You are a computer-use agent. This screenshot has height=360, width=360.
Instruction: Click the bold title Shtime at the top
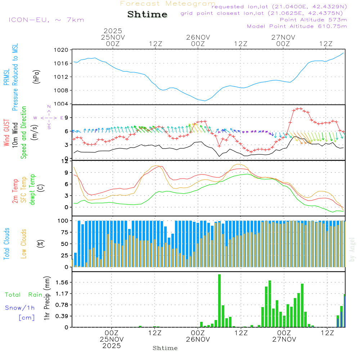147,15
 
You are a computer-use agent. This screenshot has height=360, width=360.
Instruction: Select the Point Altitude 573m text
313,20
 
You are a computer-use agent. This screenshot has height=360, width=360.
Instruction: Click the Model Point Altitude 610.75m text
297,26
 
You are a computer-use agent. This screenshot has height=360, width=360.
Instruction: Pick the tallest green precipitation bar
219,301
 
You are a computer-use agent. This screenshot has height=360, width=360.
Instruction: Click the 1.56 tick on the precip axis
62,283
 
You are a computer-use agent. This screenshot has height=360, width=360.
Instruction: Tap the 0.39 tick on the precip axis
62,316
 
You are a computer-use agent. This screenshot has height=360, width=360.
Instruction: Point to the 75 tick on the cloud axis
64,233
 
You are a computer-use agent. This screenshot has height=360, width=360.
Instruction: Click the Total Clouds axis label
7,243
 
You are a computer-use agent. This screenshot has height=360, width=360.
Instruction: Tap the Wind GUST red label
7,134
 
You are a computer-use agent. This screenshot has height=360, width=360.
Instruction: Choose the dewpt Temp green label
32,190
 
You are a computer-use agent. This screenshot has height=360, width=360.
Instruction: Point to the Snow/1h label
20,308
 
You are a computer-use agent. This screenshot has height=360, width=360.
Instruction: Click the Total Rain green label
23,295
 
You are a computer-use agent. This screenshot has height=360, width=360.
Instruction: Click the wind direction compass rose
49,117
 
